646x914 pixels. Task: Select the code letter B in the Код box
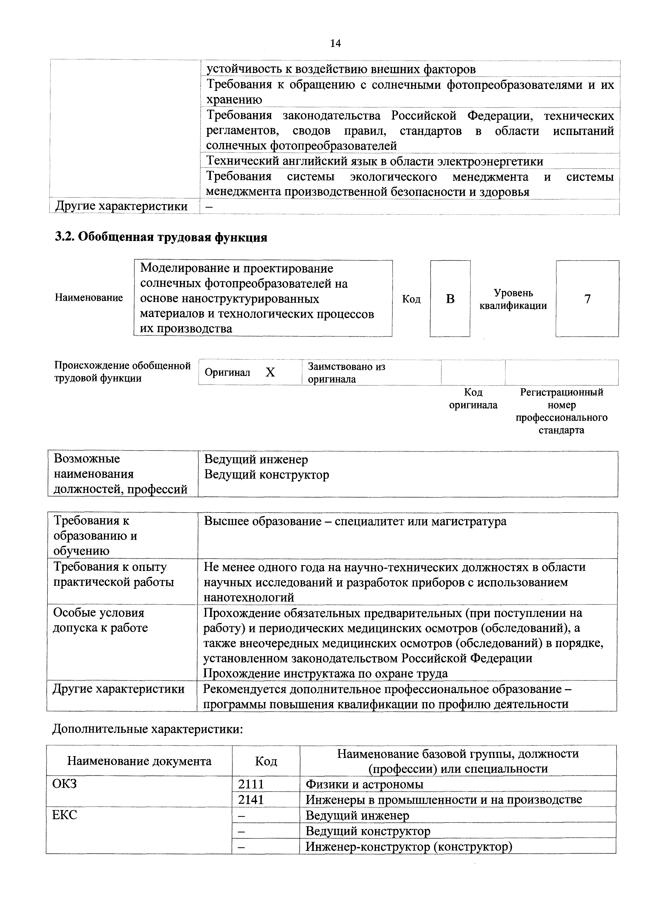450,299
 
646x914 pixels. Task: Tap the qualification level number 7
587,299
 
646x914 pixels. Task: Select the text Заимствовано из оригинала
346,373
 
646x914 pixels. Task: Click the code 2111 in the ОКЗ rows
251,784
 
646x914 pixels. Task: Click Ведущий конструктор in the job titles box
267,475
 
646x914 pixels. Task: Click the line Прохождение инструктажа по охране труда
325,674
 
